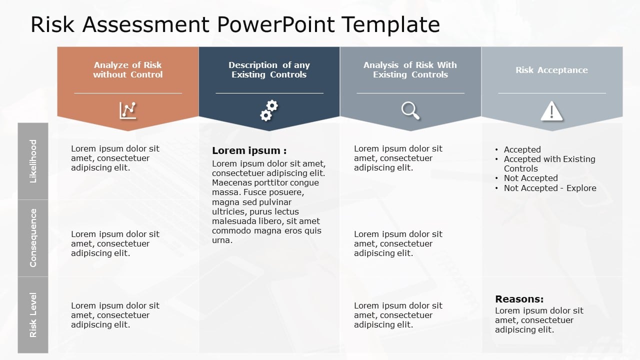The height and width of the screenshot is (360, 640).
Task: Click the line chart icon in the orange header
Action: [128, 110]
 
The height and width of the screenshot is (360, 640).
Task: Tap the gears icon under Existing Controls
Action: [269, 110]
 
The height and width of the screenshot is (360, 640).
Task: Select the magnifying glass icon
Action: [410, 110]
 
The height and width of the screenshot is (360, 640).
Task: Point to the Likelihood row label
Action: [33, 161]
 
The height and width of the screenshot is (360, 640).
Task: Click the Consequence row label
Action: [33, 238]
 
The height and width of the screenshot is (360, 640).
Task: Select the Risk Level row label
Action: [33, 315]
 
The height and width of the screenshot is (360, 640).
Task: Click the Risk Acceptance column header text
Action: [551, 70]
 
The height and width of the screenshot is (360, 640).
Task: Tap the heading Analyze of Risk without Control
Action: [128, 69]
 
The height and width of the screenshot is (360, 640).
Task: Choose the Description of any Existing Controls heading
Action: [269, 69]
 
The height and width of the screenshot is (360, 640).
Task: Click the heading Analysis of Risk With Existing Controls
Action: [410, 69]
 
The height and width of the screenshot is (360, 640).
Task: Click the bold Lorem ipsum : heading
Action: [249, 150]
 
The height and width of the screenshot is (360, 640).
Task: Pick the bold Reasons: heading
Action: [519, 299]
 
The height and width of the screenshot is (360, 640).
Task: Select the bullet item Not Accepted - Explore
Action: [549, 188]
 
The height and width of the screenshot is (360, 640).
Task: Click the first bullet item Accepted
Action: [522, 149]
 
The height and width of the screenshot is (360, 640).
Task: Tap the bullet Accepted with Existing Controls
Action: [549, 159]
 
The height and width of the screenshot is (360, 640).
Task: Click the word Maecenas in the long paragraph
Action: [232, 182]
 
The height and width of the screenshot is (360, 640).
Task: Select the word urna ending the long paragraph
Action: [222, 240]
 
